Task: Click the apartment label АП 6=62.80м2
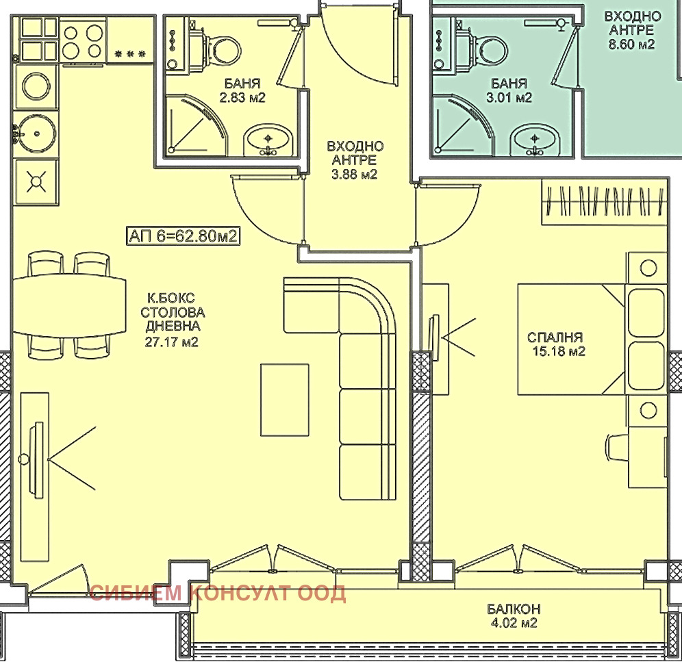pyautogui.click(x=183, y=235)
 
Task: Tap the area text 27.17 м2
pyautogui.click(x=171, y=342)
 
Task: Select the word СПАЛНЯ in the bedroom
pyautogui.click(x=555, y=338)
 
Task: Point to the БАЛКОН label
pyautogui.click(x=514, y=608)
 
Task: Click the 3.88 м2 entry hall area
pyautogui.click(x=354, y=175)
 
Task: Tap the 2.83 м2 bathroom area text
pyautogui.click(x=242, y=97)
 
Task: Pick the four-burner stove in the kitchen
pyautogui.click(x=83, y=42)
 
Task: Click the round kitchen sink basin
pyautogui.click(x=36, y=133)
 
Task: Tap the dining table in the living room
pyautogui.click(x=70, y=305)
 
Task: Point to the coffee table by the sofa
pyautogui.click(x=285, y=400)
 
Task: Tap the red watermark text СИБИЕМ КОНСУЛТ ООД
pyautogui.click(x=218, y=594)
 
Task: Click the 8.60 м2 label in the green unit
pyautogui.click(x=631, y=44)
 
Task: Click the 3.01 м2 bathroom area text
pyautogui.click(x=509, y=97)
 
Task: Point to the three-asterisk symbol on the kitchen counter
pyautogui.click(x=130, y=54)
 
